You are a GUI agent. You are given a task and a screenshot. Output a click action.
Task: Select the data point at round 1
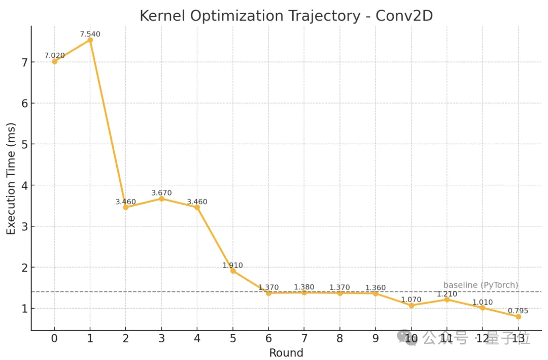pos(90,40)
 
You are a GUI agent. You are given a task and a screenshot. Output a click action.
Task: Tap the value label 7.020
pos(54,55)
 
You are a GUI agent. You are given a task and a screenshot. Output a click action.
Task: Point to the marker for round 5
pos(233,271)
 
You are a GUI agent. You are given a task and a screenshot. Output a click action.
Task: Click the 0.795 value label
pos(518,311)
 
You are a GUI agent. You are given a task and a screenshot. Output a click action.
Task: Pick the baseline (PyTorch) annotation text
pos(481,285)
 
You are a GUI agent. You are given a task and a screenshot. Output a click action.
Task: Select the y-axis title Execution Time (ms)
pos(11,179)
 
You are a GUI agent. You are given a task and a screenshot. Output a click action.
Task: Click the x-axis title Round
pos(286,353)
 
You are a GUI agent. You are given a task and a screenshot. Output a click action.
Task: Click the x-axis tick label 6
pos(268,338)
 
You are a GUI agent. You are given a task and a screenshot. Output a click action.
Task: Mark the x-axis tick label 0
pos(54,338)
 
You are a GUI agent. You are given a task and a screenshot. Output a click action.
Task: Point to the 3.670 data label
pos(161,193)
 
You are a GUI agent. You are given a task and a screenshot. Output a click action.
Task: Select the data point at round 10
pos(411,306)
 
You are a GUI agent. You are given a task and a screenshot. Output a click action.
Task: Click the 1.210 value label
pos(447,294)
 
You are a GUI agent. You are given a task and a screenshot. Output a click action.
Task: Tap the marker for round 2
pos(126,207)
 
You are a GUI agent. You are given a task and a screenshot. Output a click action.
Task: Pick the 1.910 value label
pos(233,265)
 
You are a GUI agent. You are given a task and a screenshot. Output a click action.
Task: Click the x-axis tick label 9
pos(375,338)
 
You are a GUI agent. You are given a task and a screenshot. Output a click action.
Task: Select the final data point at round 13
pos(518,317)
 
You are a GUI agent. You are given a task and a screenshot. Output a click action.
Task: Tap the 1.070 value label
pos(411,300)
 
